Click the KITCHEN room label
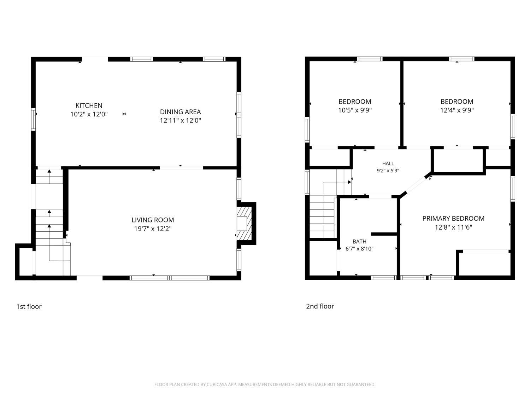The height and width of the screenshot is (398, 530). tap(89, 105)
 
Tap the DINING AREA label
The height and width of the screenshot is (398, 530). tap(180, 112)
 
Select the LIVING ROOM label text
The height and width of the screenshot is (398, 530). tap(153, 220)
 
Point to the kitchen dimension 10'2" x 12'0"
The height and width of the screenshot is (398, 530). tap(89, 114)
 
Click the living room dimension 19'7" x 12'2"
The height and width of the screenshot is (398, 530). tap(153, 229)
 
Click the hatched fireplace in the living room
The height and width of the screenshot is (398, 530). tap(244, 223)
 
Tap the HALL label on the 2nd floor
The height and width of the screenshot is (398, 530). tap(388, 163)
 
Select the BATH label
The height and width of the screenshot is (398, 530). tap(359, 241)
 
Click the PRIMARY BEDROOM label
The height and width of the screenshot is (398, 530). tap(453, 218)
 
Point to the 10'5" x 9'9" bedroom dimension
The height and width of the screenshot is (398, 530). tap(355, 110)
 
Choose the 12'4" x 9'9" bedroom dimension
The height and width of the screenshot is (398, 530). tap(457, 110)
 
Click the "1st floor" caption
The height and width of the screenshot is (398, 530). tap(29, 307)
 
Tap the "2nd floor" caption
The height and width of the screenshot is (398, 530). tap(320, 306)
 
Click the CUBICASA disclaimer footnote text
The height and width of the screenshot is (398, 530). tap(265, 385)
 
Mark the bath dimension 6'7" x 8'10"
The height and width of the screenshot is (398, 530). tap(359, 249)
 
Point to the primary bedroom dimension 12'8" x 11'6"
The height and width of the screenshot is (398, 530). tap(453, 227)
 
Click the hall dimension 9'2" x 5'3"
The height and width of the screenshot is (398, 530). tap(388, 171)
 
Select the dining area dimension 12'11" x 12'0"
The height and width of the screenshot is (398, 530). tap(180, 121)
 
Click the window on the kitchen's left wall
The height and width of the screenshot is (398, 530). tap(33, 120)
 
